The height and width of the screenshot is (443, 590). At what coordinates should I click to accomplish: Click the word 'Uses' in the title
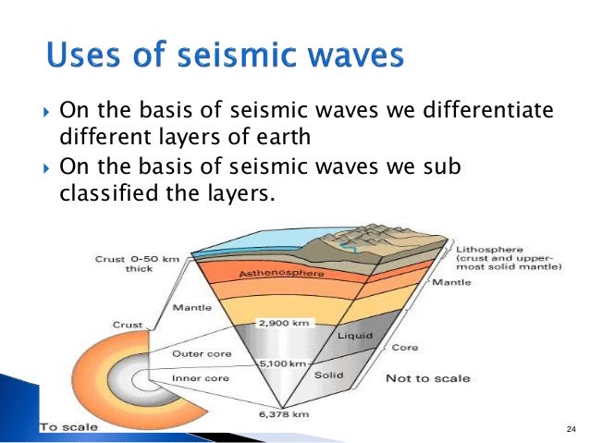click(82, 56)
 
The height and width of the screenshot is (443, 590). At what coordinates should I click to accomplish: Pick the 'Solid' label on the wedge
click(329, 375)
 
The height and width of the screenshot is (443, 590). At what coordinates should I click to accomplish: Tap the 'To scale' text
click(65, 427)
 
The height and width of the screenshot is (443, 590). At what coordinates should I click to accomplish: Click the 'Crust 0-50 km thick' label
click(132, 264)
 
